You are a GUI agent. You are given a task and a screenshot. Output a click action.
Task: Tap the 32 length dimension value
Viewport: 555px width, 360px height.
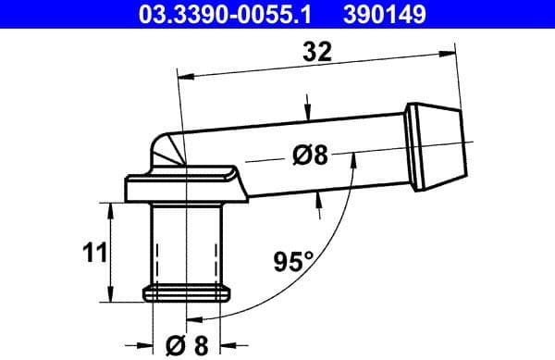(317, 52)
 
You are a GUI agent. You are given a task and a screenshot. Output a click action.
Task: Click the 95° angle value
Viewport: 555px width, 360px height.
(292, 262)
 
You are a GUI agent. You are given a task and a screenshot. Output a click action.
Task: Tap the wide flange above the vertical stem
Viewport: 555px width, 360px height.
(185, 191)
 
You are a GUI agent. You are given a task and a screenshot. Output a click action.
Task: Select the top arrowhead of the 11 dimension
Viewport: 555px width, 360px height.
(112, 207)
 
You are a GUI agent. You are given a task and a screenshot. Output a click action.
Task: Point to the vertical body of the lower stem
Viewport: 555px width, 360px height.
(186, 245)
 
